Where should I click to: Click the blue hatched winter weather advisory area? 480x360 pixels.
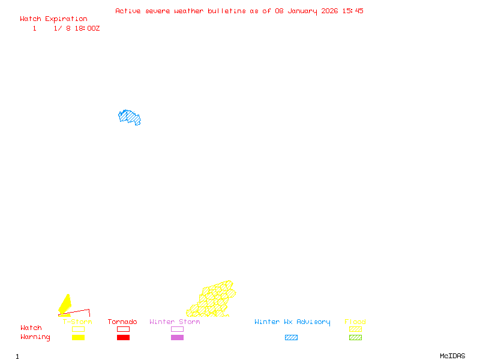point(129,117)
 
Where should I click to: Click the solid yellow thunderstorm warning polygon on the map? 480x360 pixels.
point(65,305)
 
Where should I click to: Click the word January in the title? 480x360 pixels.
point(302,11)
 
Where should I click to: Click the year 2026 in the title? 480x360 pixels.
point(329,11)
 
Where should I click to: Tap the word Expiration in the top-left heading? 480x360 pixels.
point(66,19)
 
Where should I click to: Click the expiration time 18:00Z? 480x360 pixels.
point(87,28)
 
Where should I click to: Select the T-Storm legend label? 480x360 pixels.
point(77,322)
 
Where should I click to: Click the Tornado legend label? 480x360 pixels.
point(122,322)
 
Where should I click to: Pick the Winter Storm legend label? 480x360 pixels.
point(175,322)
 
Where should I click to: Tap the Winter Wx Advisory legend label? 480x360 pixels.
point(292,322)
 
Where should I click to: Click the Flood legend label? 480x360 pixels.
point(355,322)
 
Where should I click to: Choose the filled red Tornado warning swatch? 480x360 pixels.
point(124,337)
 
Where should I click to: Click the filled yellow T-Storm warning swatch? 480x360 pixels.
point(79,337)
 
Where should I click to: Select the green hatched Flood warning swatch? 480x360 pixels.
point(355,337)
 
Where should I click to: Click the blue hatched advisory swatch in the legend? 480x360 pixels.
point(291,337)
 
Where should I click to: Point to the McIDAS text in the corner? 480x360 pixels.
point(452,356)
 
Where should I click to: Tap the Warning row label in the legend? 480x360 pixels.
point(35,337)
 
